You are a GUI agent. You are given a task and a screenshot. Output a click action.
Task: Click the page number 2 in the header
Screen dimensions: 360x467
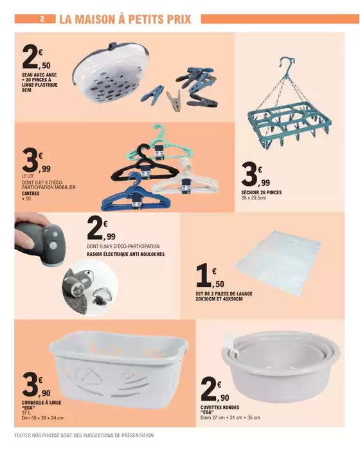[x=42, y=19]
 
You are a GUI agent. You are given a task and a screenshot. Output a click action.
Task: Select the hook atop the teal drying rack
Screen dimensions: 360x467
[x=287, y=64]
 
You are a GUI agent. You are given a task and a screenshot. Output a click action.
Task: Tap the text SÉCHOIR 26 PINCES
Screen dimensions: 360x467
[x=261, y=192]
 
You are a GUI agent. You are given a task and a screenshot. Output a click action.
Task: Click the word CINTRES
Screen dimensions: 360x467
[x=31, y=193]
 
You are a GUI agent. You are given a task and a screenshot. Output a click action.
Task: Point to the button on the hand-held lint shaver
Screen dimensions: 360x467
[x=53, y=246]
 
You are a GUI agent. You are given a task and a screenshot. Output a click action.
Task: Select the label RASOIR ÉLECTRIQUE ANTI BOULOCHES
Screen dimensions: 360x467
[x=125, y=254]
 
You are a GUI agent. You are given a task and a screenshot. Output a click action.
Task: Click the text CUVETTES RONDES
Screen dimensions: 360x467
[x=220, y=407]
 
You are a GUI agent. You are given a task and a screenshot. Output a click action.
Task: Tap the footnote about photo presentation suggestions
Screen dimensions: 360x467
[x=84, y=435]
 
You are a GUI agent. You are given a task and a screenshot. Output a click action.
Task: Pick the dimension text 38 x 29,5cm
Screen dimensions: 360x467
[x=254, y=197]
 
